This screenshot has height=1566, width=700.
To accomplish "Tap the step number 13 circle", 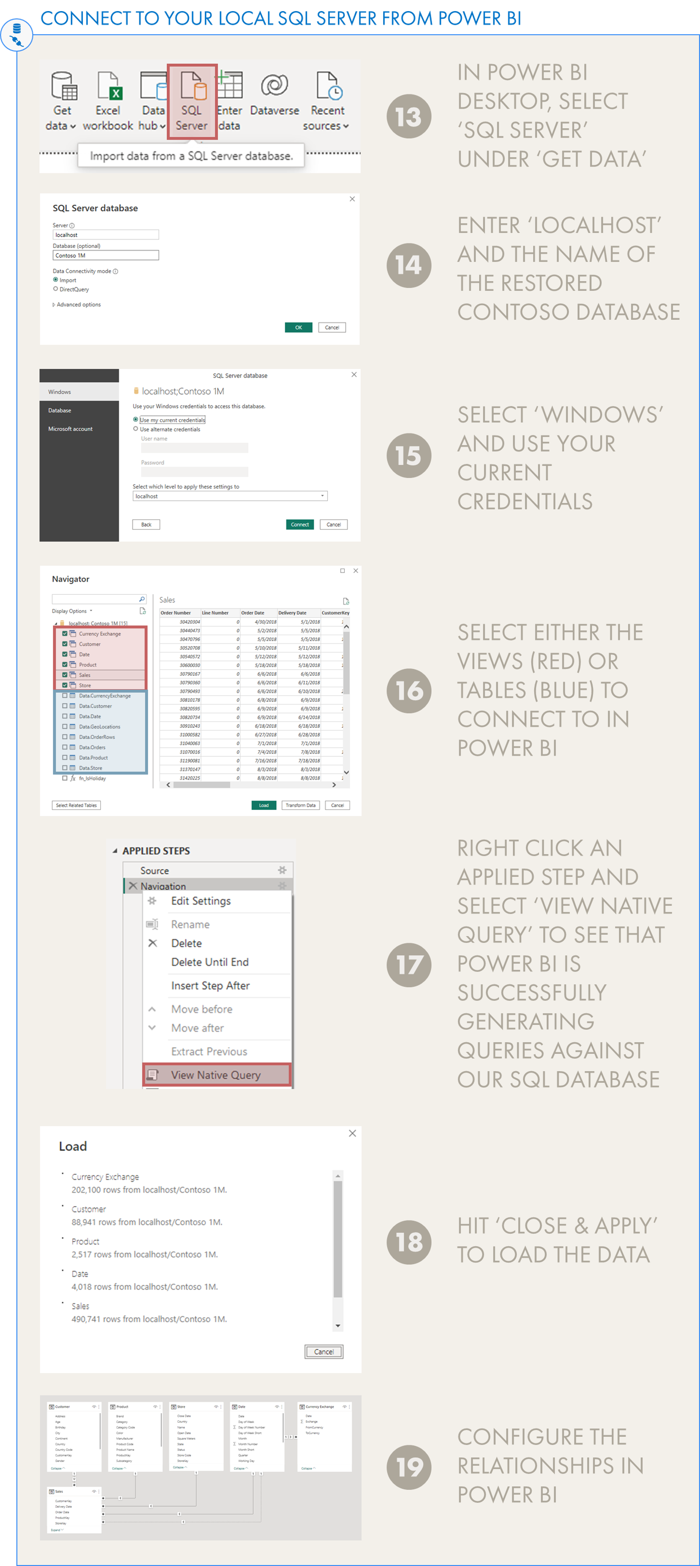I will click(x=409, y=117).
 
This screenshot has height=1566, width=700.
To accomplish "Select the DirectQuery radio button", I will click(x=56, y=289).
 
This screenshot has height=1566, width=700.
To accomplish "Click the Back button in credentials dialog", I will click(x=146, y=524).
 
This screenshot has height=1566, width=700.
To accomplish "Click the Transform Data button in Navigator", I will click(x=300, y=805).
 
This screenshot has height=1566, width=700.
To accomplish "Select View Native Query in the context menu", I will click(x=216, y=1075).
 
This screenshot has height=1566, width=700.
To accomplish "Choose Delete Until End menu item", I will click(x=210, y=962).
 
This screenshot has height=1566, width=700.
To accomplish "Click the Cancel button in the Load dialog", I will click(x=323, y=1351).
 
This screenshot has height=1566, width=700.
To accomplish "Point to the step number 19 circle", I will click(x=409, y=1467).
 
